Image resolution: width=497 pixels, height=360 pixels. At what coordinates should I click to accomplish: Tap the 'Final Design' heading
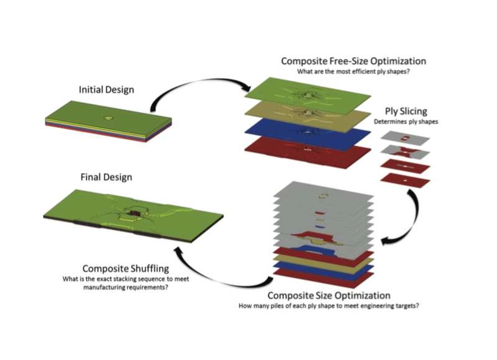click(106, 177)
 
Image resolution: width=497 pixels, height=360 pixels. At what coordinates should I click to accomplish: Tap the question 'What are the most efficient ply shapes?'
click(353, 72)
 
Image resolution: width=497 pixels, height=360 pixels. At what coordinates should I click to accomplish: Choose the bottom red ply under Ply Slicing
click(404, 180)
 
